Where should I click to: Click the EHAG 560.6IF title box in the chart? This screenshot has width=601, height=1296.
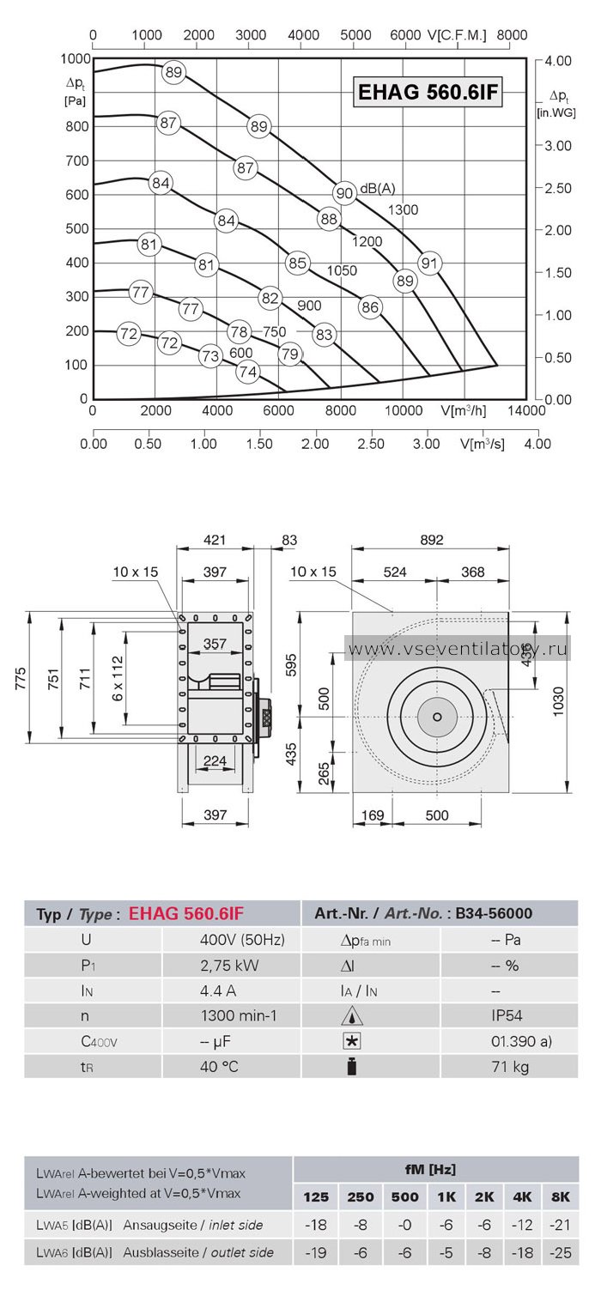click(428, 92)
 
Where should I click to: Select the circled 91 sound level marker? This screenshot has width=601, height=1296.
click(429, 263)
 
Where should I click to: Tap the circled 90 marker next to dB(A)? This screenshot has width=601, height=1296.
click(344, 192)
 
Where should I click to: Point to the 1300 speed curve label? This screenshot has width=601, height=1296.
click(403, 210)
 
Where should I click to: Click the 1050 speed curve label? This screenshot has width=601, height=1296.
click(342, 270)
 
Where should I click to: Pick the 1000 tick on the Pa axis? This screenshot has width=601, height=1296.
click(76, 58)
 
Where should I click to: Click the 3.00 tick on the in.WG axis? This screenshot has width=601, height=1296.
click(558, 145)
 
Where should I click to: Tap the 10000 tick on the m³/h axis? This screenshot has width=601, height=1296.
click(404, 411)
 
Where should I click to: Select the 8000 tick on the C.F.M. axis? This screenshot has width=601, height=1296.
click(512, 34)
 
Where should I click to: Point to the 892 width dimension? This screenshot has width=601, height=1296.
click(431, 540)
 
